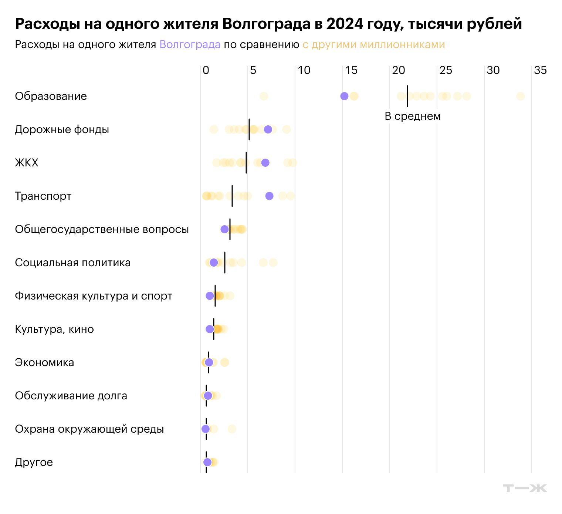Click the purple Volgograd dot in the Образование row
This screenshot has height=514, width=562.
click(x=344, y=96)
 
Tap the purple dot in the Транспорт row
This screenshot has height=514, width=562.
click(x=269, y=196)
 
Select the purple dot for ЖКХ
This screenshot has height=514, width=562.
click(x=265, y=163)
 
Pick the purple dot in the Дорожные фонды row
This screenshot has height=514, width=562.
click(x=268, y=129)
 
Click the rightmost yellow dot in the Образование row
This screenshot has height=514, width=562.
click(x=520, y=96)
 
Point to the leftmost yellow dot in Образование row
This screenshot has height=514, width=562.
click(x=264, y=96)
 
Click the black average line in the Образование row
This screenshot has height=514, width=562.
click(x=407, y=96)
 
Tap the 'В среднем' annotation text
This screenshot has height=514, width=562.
click(x=413, y=116)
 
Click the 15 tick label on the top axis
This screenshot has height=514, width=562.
click(x=351, y=70)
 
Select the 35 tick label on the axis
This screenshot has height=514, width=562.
click(x=540, y=70)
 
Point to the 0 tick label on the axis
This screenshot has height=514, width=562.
click(x=206, y=70)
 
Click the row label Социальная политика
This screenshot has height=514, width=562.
click(x=73, y=263)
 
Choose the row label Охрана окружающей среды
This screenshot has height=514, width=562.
click(x=89, y=429)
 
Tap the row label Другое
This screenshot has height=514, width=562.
click(x=34, y=462)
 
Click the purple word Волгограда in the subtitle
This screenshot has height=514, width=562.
click(x=190, y=45)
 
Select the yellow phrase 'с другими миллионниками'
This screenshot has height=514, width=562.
click(x=373, y=45)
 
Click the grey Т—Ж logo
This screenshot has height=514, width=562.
click(x=525, y=488)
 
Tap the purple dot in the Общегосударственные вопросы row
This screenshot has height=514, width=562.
click(x=224, y=229)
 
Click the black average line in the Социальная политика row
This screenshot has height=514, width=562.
click(x=225, y=263)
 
